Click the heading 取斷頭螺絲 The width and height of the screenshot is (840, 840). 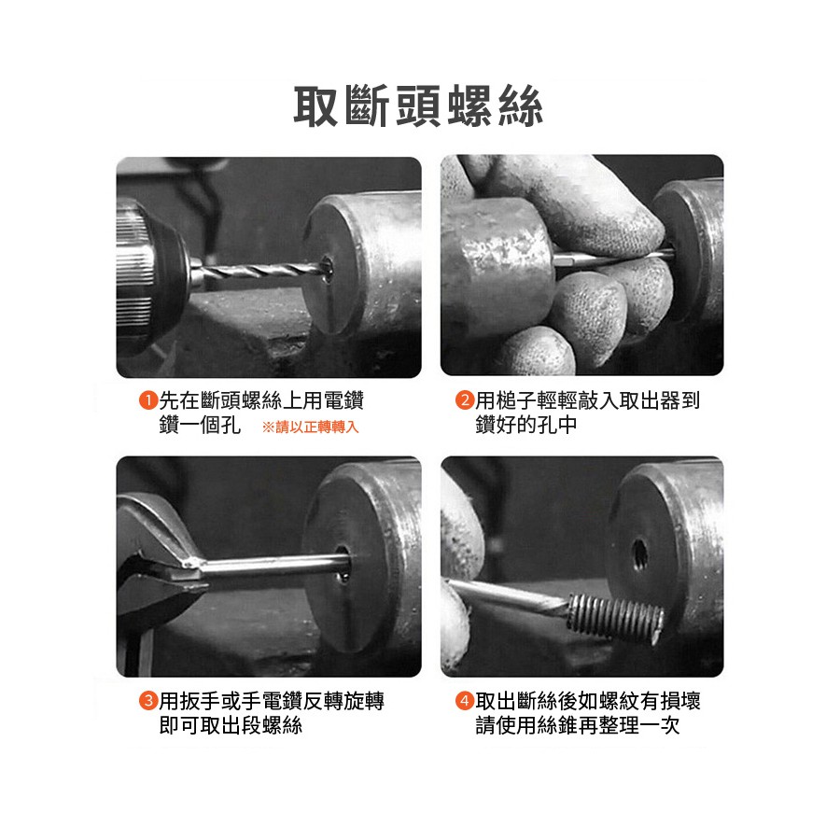418,106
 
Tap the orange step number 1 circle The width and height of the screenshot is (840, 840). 147,400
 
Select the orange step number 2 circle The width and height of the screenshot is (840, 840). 465,400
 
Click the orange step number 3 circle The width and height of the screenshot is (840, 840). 147,701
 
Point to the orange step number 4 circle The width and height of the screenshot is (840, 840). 465,701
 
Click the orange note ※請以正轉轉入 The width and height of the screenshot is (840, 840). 310,427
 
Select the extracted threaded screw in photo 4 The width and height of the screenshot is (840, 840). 616,617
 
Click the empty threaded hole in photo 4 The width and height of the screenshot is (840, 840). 639,555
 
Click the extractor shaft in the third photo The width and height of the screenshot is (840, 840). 274,565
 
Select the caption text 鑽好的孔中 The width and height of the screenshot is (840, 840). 526,425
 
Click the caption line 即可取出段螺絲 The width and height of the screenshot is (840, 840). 231,725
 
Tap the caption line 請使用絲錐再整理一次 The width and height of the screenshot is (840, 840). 578,725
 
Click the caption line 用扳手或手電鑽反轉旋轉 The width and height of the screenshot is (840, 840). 272,701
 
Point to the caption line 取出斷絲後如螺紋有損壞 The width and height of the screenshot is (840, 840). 588,701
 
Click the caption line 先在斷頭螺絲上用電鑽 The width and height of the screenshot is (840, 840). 261,400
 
